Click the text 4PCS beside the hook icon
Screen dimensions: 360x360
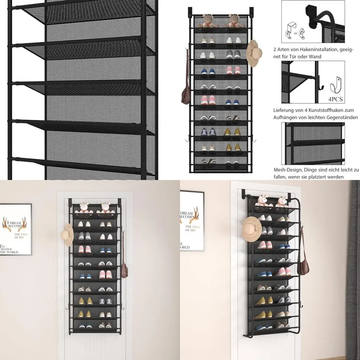[335, 99]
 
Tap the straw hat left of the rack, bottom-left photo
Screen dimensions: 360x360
[68, 235]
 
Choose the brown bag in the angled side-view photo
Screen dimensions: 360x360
[305, 262]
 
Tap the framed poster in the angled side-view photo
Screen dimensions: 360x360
[192, 220]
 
